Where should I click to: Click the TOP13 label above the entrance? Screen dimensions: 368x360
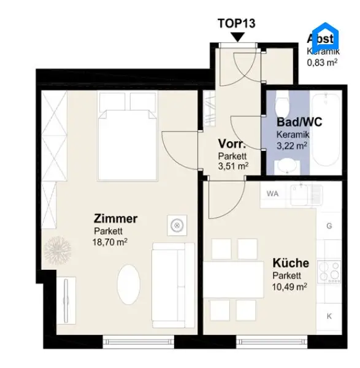click(237, 24)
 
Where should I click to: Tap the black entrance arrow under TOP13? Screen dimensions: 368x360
click(237, 37)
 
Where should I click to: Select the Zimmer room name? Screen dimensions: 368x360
click(115, 218)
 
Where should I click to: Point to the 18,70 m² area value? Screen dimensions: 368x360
click(110, 242)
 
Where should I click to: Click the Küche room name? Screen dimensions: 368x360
click(291, 263)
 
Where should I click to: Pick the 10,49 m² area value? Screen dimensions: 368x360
click(289, 285)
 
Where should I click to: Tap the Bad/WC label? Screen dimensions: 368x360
click(299, 121)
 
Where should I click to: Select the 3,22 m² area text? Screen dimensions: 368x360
click(292, 145)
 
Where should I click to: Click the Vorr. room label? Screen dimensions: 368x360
click(232, 144)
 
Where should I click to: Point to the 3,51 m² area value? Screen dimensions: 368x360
click(233, 166)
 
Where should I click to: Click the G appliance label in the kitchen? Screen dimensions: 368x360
click(329, 226)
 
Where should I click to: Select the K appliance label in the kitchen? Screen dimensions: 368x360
click(329, 316)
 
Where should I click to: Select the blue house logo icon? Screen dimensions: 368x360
click(325, 37)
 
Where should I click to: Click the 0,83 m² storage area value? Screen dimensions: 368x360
click(323, 62)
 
